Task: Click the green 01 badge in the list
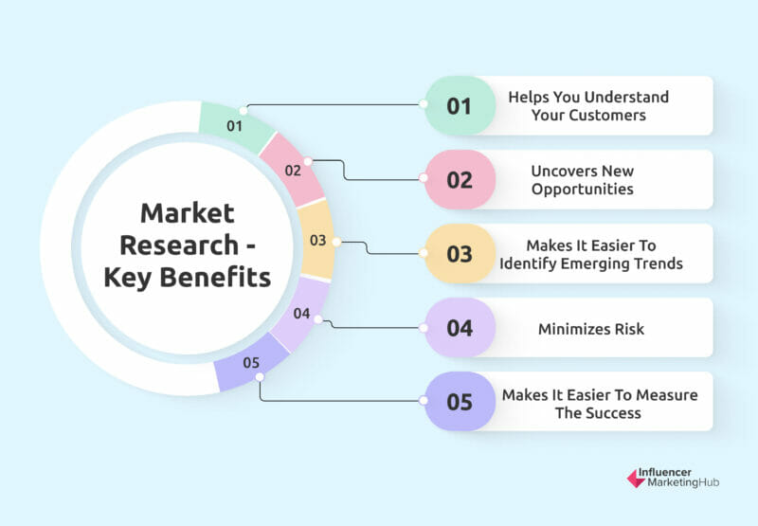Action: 460,105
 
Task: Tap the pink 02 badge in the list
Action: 460,179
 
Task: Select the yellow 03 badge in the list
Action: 460,253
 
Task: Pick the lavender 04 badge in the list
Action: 460,327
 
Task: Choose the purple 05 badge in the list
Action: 460,401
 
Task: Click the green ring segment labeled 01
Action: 236,126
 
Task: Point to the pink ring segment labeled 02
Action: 293,171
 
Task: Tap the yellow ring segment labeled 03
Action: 317,240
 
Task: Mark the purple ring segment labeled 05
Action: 251,363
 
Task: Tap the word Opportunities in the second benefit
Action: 583,189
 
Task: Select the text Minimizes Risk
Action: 591,329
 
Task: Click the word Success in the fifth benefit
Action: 613,413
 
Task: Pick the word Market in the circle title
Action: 188,213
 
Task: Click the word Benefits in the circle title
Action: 215,277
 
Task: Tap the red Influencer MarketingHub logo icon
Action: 636,478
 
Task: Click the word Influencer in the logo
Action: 665,472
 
